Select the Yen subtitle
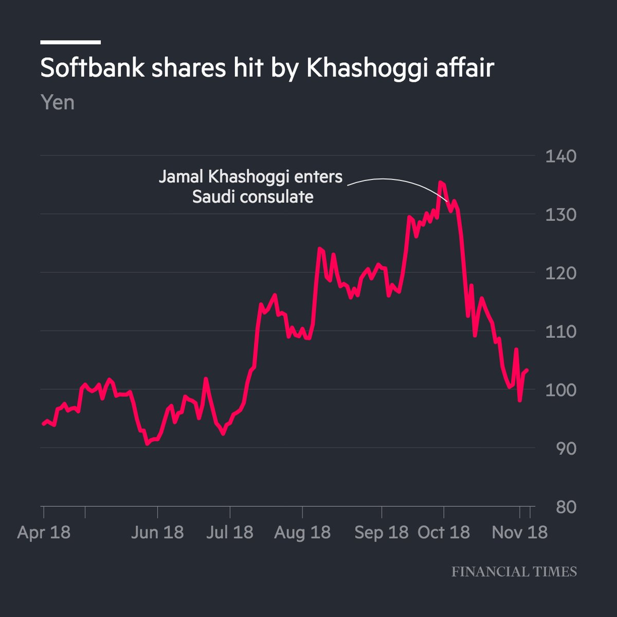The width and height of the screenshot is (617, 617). pos(58,103)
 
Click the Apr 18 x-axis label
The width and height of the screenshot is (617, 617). pos(44,532)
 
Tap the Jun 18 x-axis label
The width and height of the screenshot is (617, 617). pos(157,532)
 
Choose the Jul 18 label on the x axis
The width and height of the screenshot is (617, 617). pos(229,532)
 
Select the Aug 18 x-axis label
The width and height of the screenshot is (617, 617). pos(302,532)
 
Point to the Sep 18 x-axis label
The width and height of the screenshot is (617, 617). pos(382,532)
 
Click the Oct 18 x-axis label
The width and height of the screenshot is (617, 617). pos(444,532)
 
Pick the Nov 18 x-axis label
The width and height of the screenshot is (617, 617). pos(519,532)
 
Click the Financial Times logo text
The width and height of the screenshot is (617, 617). pos(514,572)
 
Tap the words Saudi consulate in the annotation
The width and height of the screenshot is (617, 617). pos(252,197)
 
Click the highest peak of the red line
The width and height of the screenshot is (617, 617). pos(441,182)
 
